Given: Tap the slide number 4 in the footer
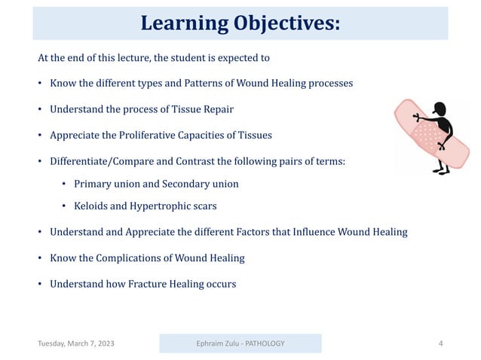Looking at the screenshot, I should coord(440,343).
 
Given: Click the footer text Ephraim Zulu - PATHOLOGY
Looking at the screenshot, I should coord(239,343).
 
